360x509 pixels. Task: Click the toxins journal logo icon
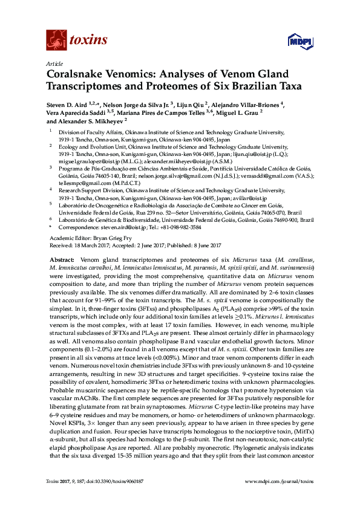[56, 41]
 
